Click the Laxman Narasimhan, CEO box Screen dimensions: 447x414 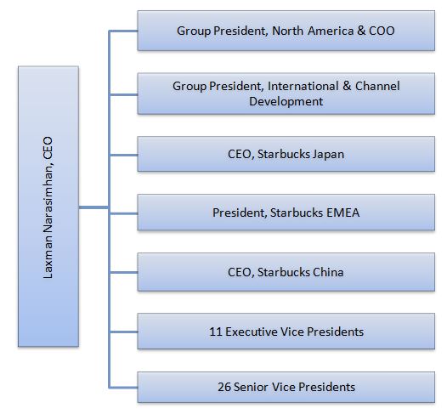pos(48,207)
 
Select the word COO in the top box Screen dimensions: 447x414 pos(382,31)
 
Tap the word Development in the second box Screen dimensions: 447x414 pos(286,101)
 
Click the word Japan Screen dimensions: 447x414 pos(328,154)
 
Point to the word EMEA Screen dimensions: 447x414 pos(342,213)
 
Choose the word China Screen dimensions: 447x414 pos(328,272)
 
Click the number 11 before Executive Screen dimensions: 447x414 pos(216,332)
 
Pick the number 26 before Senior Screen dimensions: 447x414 pos(224,387)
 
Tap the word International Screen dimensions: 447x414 pos(303,86)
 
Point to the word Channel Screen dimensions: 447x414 pos(377,86)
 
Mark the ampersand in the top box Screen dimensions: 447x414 pos(361,31)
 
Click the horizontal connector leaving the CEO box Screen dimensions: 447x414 pos(93,207)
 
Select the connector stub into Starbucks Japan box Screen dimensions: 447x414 pos(123,155)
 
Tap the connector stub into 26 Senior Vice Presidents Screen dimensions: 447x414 pos(123,387)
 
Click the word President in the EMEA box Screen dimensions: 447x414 pos(240,213)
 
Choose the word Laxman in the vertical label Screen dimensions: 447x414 pos(48,260)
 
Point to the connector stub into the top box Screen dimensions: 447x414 pos(123,31)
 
